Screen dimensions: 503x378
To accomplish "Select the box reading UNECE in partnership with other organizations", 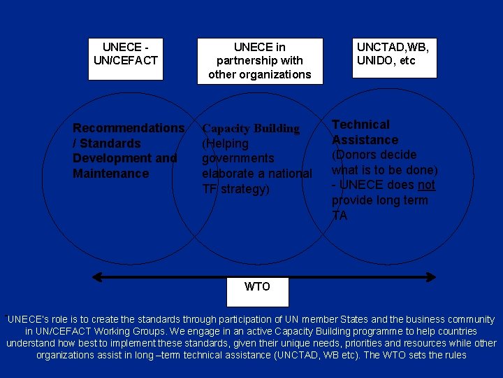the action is point(260,61).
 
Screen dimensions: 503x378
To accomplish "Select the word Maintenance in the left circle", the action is point(111,174).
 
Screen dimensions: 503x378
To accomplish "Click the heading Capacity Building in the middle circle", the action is point(250,129).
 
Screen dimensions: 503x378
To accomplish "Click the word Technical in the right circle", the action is point(360,125).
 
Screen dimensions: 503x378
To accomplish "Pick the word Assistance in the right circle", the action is point(365,140).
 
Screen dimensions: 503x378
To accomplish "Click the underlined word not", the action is point(426,185).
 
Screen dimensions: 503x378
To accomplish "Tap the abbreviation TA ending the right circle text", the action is point(340,216).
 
